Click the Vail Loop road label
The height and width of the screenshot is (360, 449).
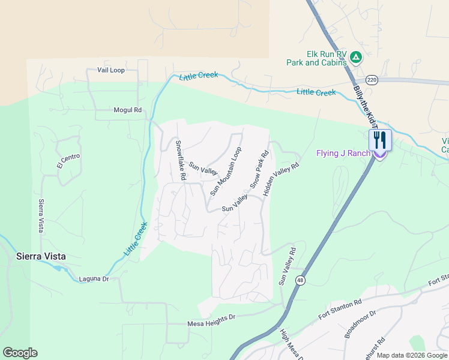coord(110,70)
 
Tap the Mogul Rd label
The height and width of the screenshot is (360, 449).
coord(127,110)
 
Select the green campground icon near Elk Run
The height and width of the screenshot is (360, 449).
coord(356,58)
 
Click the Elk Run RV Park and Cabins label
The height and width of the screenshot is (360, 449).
coord(317,58)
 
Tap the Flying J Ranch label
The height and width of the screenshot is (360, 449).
coord(343,153)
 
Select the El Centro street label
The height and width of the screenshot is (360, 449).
coord(68,161)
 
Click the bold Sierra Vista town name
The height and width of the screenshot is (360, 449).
coord(40,256)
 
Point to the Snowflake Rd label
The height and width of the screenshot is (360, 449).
coord(180,161)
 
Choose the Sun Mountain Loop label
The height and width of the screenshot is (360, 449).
coord(226,171)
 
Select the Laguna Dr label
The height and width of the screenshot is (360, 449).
coord(94,279)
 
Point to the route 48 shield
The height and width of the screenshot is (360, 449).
coord(300,280)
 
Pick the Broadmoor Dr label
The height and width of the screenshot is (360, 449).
coord(360,324)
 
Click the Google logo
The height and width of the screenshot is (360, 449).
coord(20,353)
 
